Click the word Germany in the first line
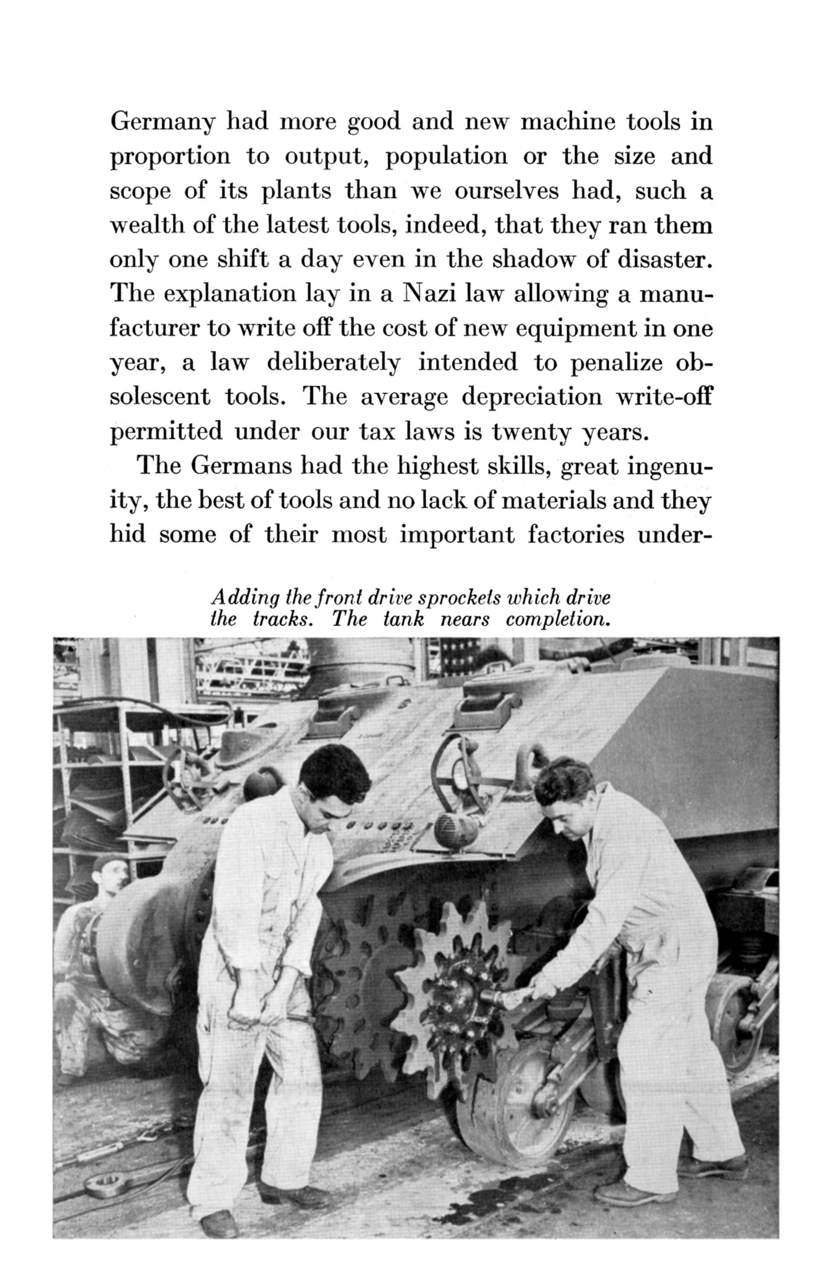tap(163, 124)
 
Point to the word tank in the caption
tap(403, 619)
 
